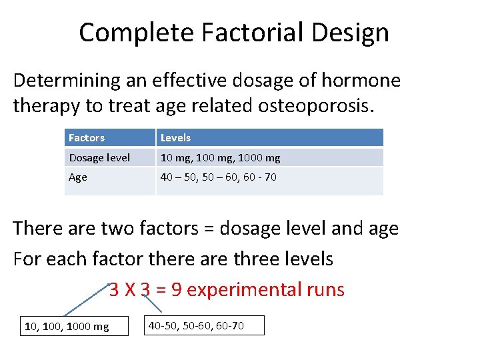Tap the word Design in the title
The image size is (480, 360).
click(x=350, y=33)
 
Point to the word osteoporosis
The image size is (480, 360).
click(x=316, y=106)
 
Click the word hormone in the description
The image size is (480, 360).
click(x=361, y=80)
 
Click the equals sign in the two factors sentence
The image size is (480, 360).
click(x=209, y=229)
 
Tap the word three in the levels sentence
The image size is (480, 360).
click(x=257, y=259)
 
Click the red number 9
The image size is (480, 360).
click(x=177, y=289)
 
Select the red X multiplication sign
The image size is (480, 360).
click(x=130, y=289)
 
